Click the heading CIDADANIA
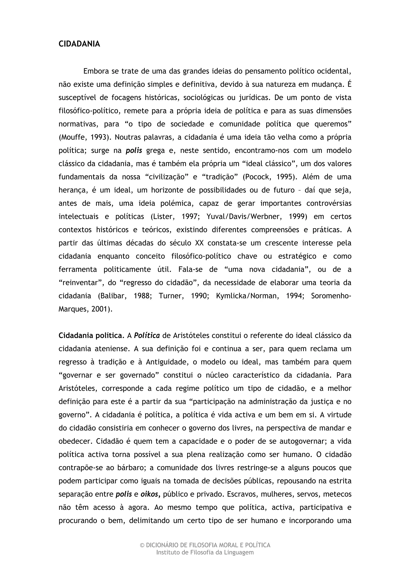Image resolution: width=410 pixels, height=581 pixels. click(x=79, y=44)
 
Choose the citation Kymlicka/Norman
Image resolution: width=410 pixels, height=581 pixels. click(x=246, y=296)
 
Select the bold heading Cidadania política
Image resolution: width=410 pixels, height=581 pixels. click(x=90, y=336)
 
